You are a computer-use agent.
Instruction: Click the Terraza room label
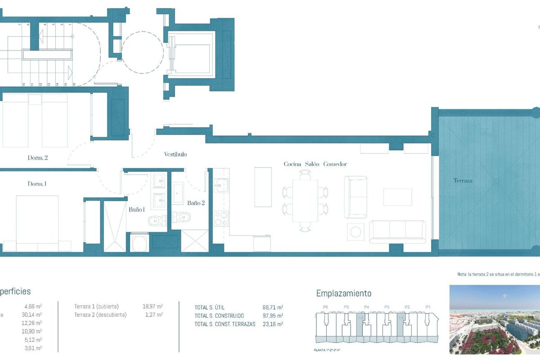click(x=463, y=180)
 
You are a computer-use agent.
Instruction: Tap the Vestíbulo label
click(x=175, y=154)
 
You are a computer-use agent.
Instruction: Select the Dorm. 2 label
click(x=37, y=158)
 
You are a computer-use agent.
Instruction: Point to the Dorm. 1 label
click(x=37, y=184)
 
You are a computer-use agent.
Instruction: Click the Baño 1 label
click(x=137, y=209)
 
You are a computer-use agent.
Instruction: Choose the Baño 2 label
click(x=196, y=203)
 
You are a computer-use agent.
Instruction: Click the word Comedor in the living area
click(x=335, y=164)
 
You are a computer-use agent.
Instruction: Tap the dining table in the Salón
click(x=305, y=200)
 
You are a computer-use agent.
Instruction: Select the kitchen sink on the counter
click(x=220, y=184)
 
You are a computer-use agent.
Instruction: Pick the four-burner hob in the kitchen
click(x=220, y=219)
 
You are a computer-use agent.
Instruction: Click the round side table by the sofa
click(x=356, y=231)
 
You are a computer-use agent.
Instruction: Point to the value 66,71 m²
click(x=273, y=307)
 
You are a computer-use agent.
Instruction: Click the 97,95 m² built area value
click(x=273, y=315)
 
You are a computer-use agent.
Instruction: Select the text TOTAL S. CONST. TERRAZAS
click(x=225, y=324)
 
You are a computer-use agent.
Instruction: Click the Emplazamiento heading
click(x=344, y=293)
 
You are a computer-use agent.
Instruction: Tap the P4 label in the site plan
click(x=366, y=307)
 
